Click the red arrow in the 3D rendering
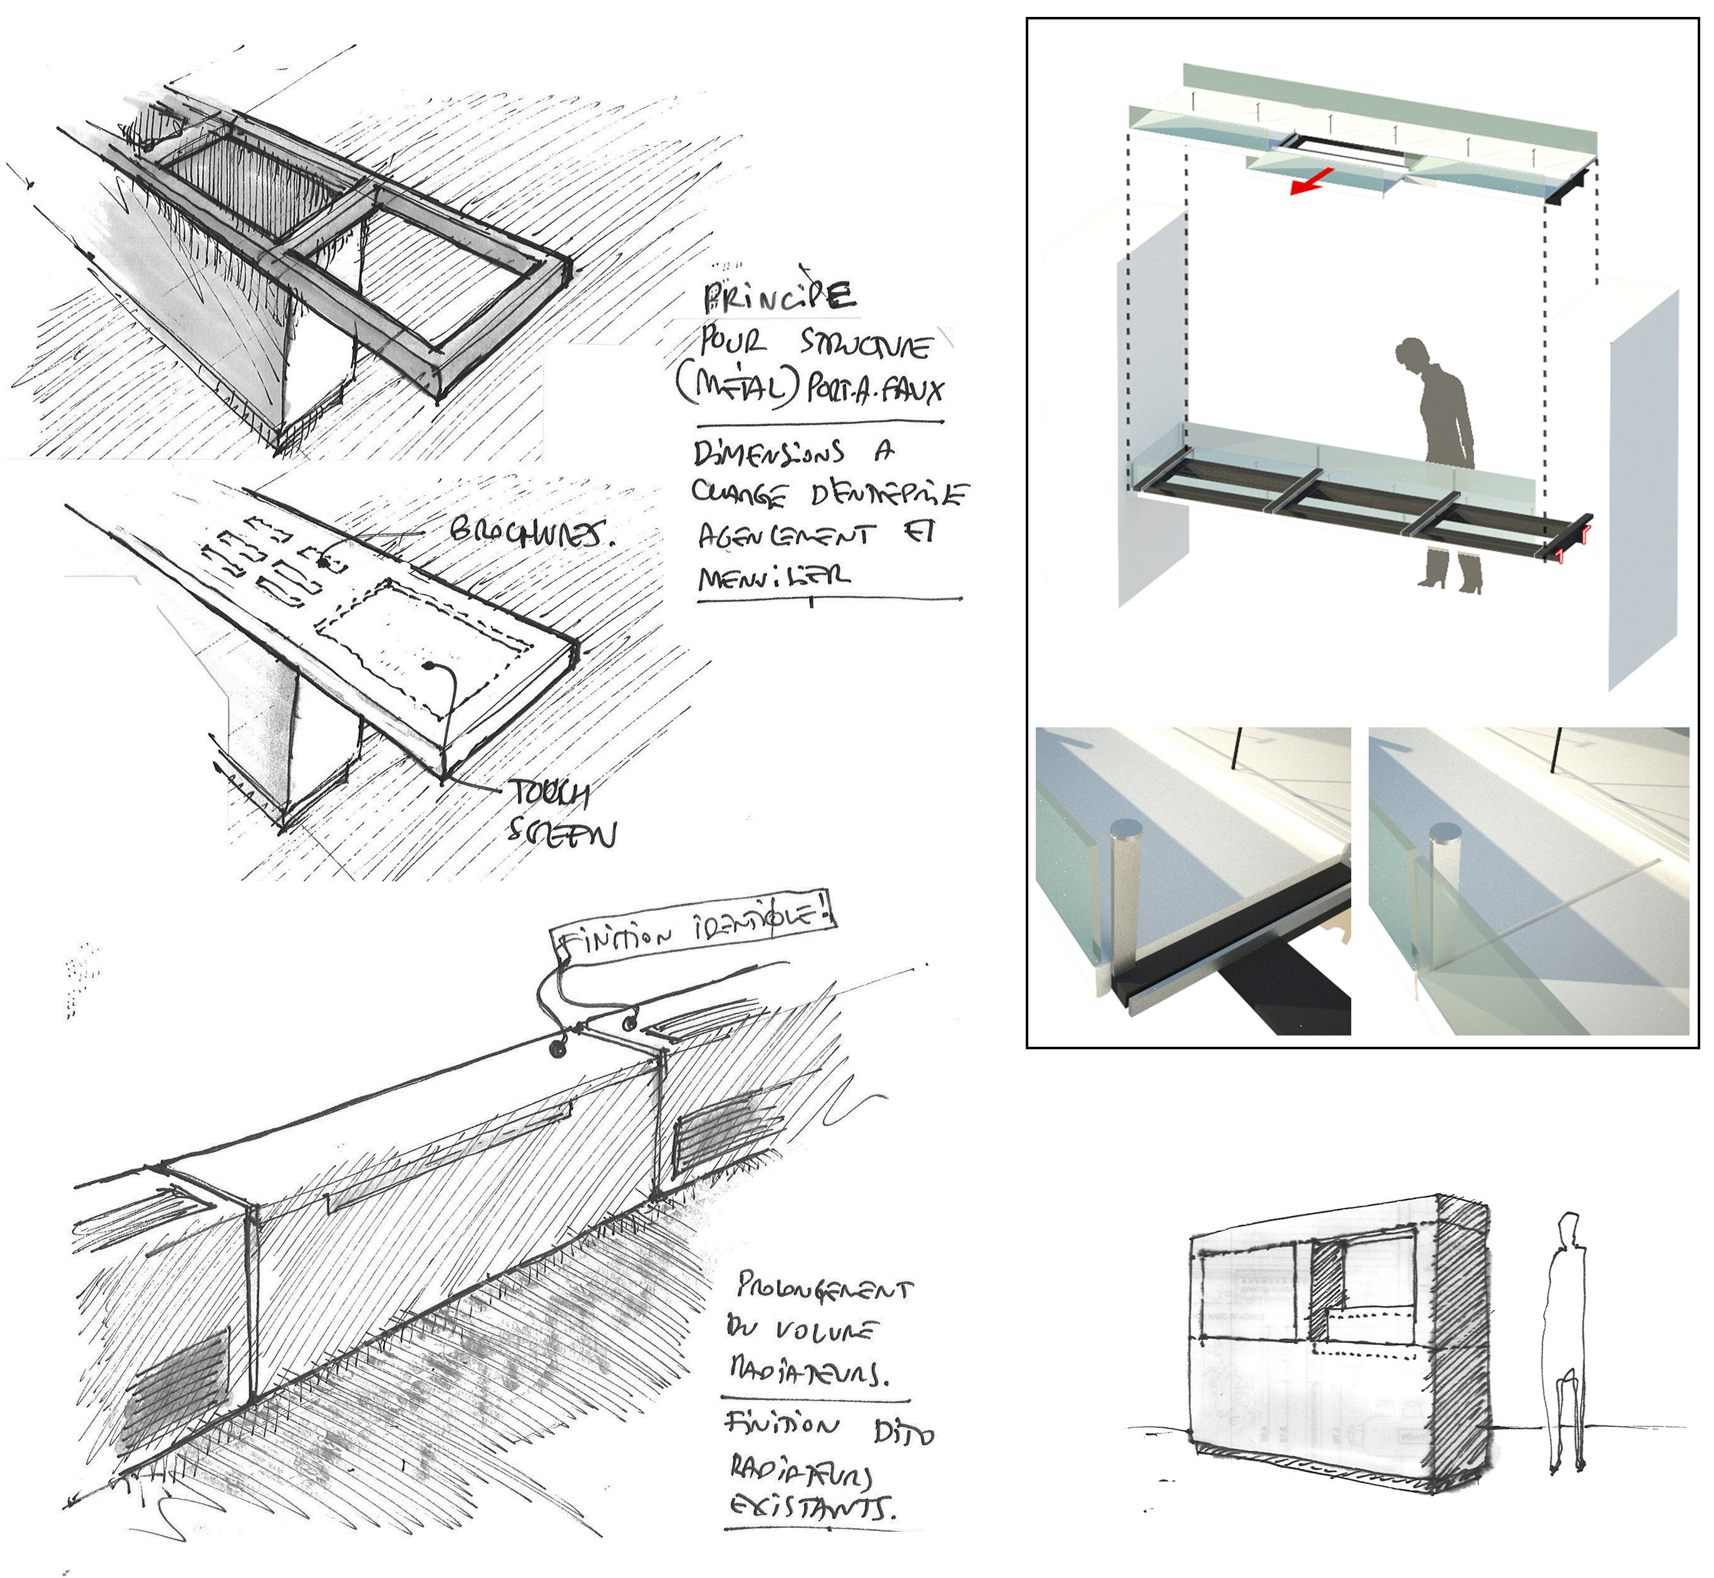click(x=1310, y=181)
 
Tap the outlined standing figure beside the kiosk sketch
click(x=1568, y=1341)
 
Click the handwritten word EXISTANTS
click(x=812, y=1508)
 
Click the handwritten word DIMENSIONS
click(x=769, y=452)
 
